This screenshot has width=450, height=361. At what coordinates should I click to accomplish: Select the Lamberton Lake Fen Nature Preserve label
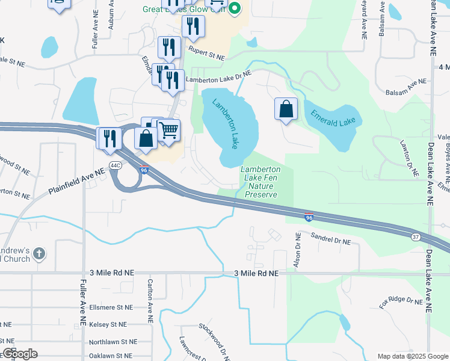tap(260, 182)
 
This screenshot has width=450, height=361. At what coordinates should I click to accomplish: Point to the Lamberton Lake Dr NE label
tap(217, 76)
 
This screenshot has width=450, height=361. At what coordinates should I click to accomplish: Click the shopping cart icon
tap(169, 129)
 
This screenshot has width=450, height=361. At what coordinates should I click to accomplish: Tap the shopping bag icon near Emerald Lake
tap(286, 109)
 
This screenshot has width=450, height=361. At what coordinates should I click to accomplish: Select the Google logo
tap(20, 354)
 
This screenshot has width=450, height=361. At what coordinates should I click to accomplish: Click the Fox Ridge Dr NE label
tap(401, 300)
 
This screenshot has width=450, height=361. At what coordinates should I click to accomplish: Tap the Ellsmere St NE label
tap(109, 307)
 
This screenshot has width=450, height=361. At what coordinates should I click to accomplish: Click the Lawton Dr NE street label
tap(408, 158)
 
